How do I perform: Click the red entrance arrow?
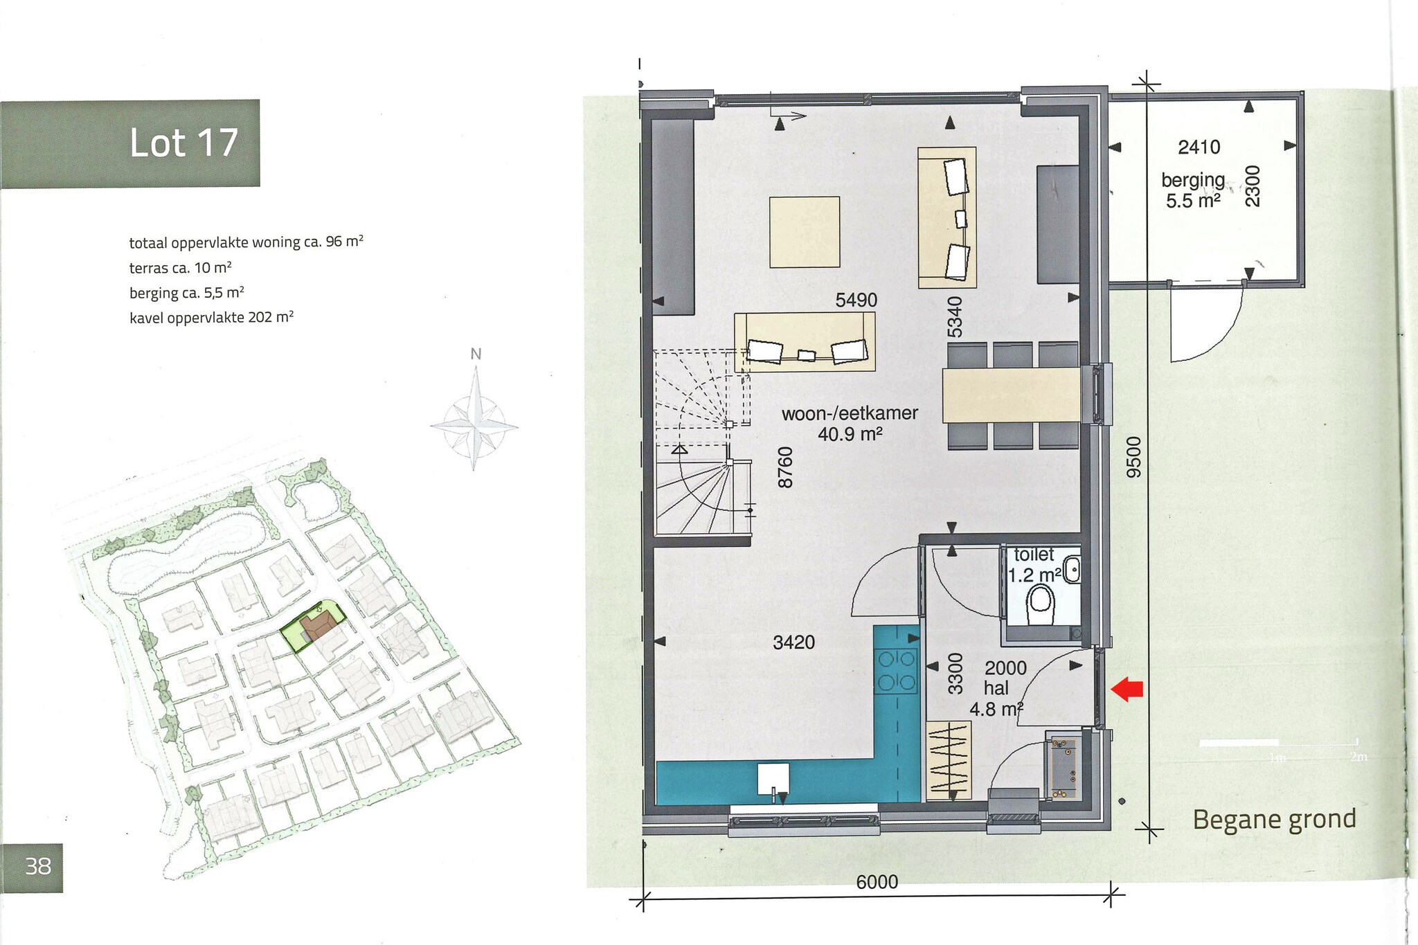[1127, 689]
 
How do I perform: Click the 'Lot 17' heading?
[184, 143]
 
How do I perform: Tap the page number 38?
[38, 866]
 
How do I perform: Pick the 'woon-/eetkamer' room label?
[850, 413]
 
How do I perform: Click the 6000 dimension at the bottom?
[877, 881]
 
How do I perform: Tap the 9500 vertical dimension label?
[1133, 457]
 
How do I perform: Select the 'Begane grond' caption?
[1274, 820]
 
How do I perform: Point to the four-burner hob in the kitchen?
[897, 670]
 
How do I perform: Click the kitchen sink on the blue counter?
[773, 779]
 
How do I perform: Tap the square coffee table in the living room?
[805, 232]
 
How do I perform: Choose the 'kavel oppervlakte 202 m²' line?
[211, 318]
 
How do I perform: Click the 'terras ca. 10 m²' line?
[180, 268]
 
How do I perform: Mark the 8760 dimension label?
[785, 467]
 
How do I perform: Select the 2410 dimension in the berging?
[1199, 147]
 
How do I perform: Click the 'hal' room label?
[996, 688]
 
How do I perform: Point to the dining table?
[1011, 395]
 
